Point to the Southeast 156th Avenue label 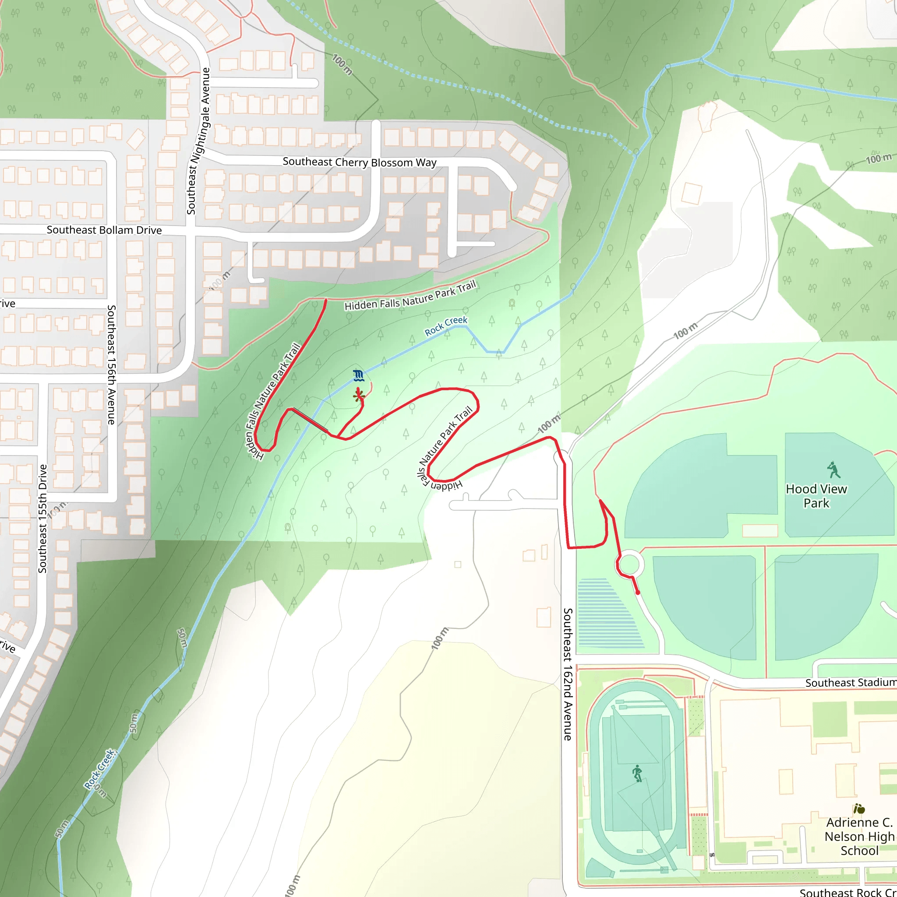111,364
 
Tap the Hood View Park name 816,496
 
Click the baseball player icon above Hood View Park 834,470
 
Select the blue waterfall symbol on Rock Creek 358,376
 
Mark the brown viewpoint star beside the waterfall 358,396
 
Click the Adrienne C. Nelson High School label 859,836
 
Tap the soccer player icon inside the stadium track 637,773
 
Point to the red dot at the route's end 638,593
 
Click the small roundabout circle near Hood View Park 629,564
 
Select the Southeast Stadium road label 851,682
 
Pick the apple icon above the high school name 859,809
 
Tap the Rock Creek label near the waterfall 446,326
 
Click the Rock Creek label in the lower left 99,769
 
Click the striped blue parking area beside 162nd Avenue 609,613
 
